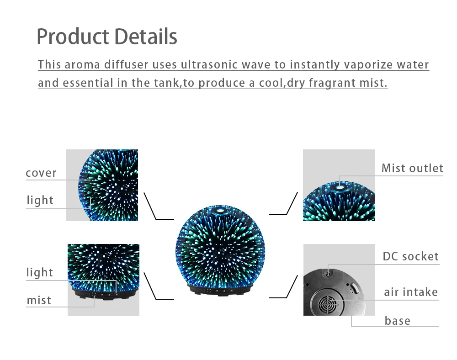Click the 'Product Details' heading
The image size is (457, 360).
(106, 37)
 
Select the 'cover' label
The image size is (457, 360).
(41, 173)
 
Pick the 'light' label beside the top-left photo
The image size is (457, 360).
(40, 201)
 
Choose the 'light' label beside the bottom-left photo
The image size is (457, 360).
(40, 273)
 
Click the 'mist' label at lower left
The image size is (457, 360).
(39, 301)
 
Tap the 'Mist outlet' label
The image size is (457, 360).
(412, 169)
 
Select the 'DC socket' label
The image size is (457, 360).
(410, 257)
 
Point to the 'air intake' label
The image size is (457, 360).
(411, 292)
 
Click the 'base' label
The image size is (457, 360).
(398, 321)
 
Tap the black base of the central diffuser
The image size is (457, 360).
(220, 290)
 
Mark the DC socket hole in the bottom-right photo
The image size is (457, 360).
(327, 273)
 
